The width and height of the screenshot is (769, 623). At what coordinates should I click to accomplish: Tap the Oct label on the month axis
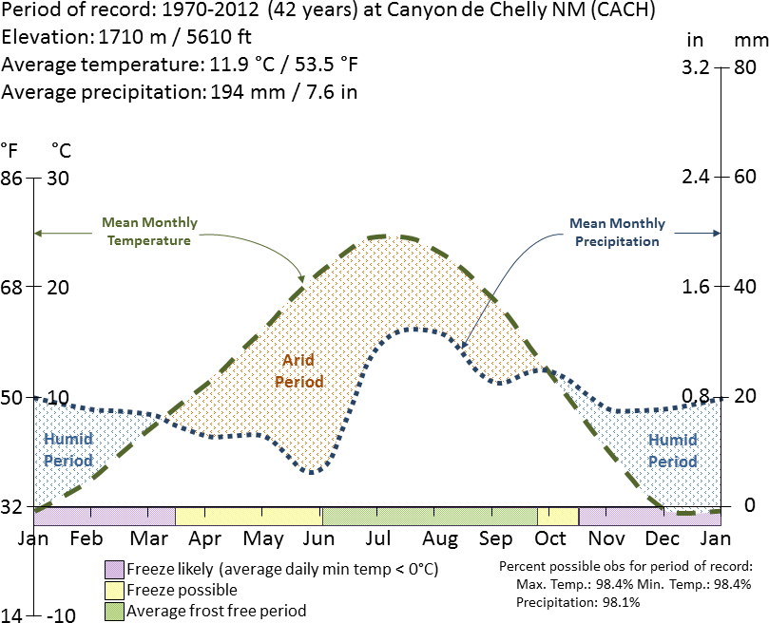[549, 538]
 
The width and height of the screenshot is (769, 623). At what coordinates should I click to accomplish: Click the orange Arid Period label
[298, 371]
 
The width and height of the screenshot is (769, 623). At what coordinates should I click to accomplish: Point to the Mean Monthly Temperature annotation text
[149, 232]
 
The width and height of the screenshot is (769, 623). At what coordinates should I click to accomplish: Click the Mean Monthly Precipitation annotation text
[617, 233]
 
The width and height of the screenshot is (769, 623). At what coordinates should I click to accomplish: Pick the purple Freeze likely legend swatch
[114, 569]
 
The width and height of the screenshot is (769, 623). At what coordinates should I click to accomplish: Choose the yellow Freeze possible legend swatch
[114, 590]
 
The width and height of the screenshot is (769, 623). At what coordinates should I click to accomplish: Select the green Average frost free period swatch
[114, 611]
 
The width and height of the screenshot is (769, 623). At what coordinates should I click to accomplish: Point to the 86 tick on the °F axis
[12, 178]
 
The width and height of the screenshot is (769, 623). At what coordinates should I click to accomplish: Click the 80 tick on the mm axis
[744, 68]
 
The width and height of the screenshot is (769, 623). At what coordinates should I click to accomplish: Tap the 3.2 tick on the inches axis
[696, 68]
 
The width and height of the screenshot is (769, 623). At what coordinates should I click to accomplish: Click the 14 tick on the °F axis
[12, 614]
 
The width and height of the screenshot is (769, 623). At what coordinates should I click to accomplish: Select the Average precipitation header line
[180, 92]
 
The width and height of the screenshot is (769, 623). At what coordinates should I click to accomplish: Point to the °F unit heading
[10, 150]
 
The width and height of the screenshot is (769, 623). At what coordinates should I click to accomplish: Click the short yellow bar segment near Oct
[558, 516]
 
